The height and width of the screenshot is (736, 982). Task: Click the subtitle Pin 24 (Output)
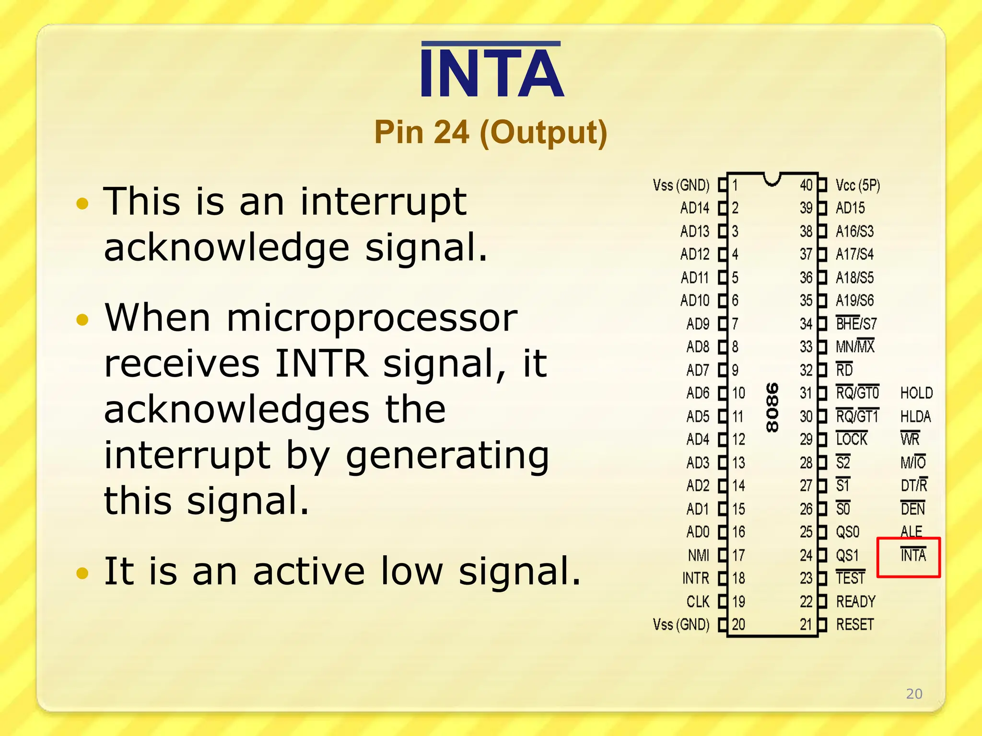[491, 132]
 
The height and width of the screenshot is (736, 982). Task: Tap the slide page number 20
[914, 693]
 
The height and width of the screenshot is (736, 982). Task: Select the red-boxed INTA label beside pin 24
[913, 555]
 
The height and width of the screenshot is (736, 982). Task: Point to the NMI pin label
[698, 555]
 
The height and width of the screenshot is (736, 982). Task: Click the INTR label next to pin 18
[695, 578]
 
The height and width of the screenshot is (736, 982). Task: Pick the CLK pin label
[698, 601]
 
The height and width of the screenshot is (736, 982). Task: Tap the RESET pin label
[855, 624]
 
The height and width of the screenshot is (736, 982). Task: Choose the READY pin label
[855, 601]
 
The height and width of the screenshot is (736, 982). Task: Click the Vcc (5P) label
[858, 185]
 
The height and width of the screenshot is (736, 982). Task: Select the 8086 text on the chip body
[772, 407]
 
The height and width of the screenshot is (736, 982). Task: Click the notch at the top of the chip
[772, 179]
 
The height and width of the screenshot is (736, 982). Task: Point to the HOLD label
[916, 393]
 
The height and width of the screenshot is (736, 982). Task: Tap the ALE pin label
[911, 531]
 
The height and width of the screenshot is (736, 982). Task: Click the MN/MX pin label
[855, 346]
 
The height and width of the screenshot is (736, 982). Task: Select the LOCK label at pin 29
[852, 439]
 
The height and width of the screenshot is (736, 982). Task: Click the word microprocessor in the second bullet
[372, 318]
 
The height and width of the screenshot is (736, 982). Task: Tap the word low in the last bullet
[411, 571]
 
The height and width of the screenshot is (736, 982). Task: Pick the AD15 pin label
[850, 208]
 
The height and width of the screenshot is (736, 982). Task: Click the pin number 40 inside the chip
[806, 185]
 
